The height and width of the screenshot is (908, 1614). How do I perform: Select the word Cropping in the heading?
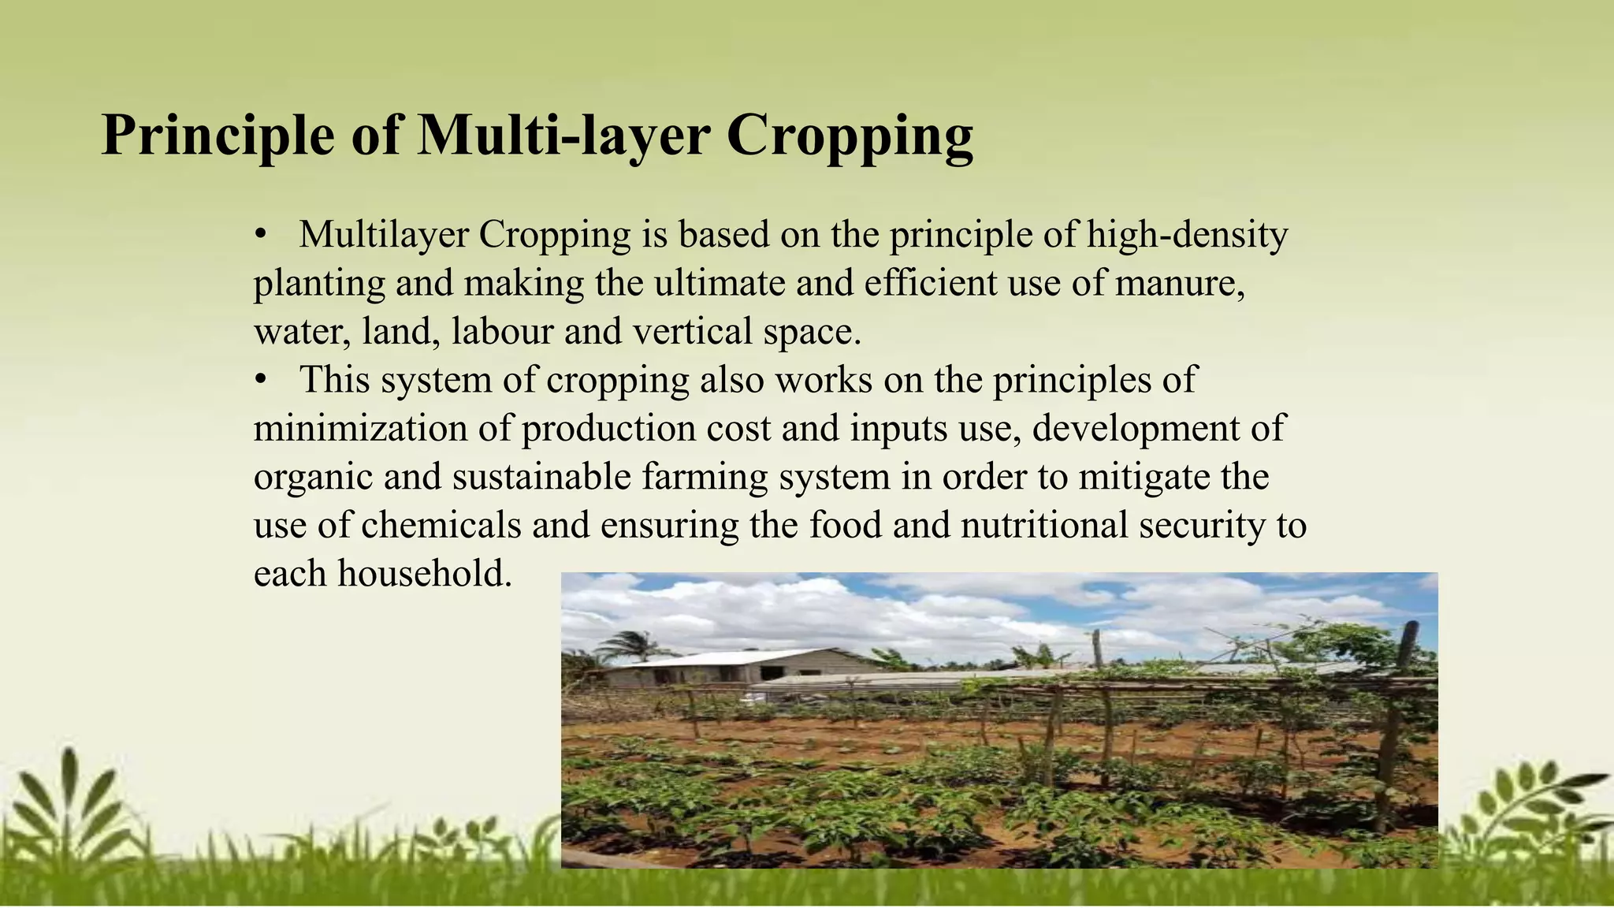850,136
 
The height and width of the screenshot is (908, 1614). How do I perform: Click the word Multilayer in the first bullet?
383,234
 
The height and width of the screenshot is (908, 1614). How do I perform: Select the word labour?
502,331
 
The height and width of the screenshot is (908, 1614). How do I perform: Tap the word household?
425,574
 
